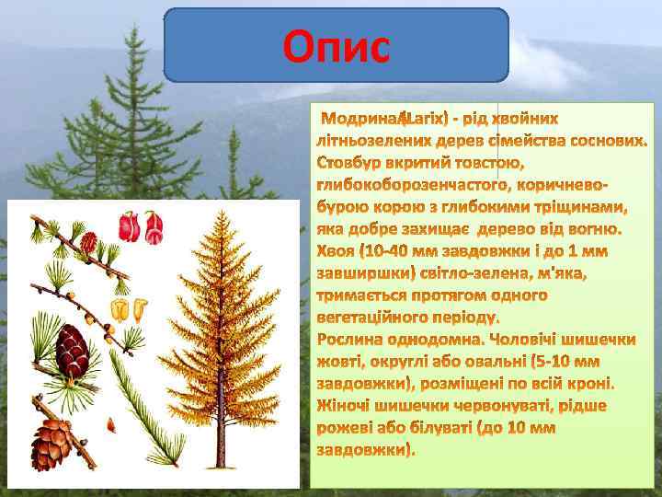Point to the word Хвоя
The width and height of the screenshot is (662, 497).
click(336, 251)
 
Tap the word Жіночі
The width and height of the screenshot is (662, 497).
click(345, 406)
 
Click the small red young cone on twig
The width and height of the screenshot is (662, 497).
click(89, 241)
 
